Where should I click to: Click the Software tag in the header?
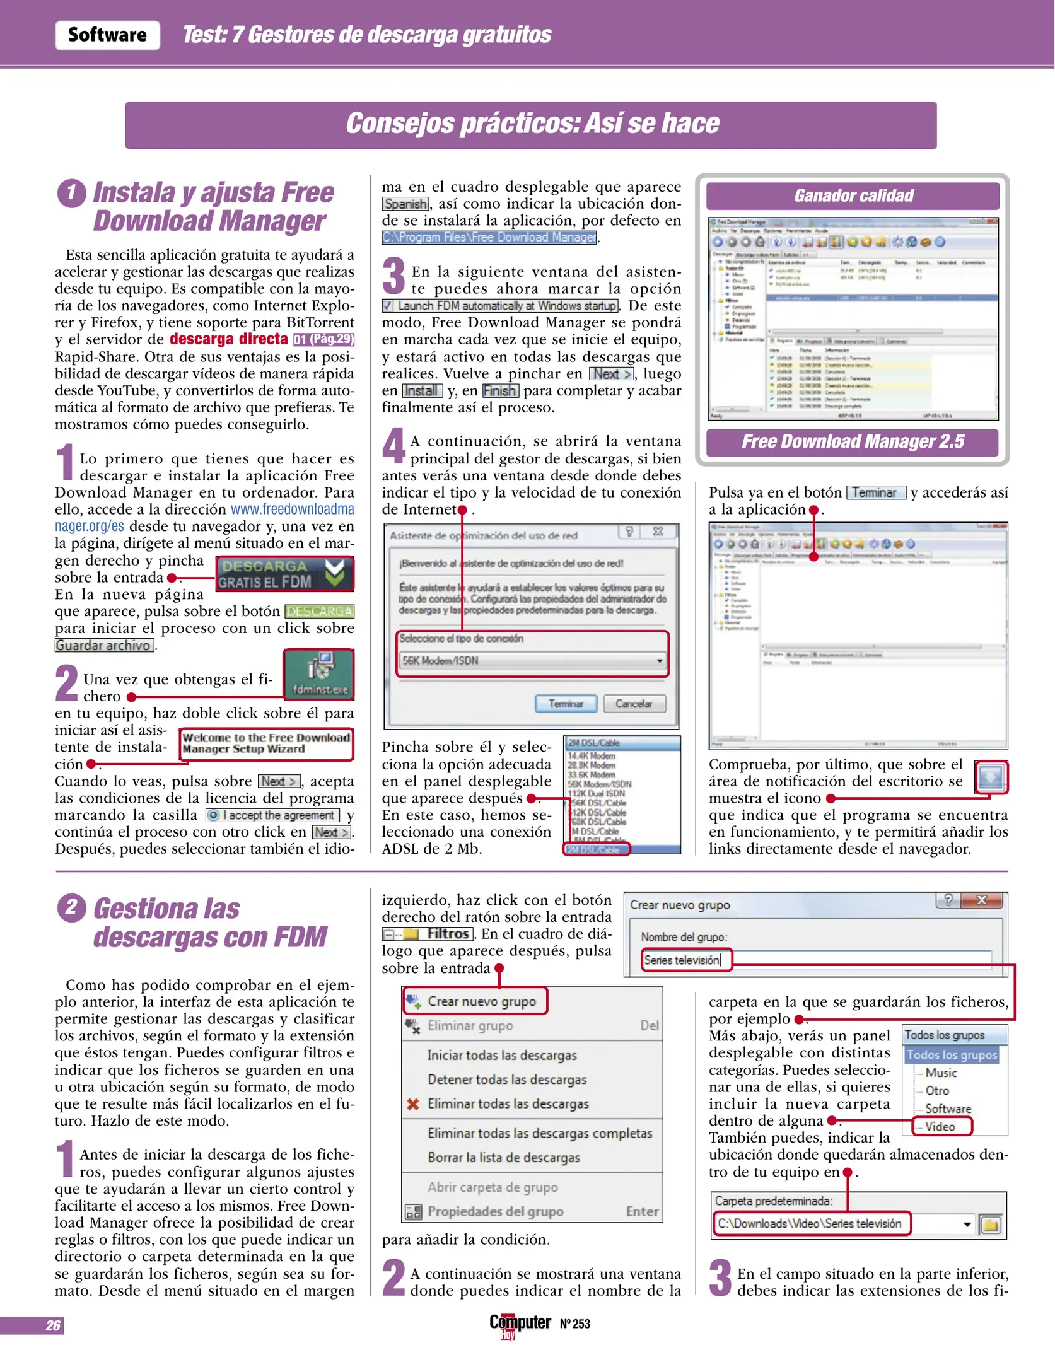[x=107, y=35]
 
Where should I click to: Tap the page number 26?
[x=53, y=1325]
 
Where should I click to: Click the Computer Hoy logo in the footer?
[x=520, y=1324]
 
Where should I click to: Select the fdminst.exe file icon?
[x=319, y=674]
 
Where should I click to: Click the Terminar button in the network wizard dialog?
[x=566, y=704]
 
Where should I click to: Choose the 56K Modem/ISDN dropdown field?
[x=532, y=661]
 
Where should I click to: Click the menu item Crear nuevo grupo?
[x=481, y=1001]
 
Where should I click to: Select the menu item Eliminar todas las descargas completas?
[x=540, y=1134]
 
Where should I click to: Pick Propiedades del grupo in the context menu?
[x=495, y=1211]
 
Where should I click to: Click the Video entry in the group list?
[x=940, y=1127]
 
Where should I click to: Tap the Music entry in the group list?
[x=941, y=1073]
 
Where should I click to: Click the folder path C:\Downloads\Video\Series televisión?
[x=810, y=1224]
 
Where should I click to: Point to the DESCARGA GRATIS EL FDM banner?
[x=284, y=574]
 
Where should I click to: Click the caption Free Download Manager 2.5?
[x=853, y=441]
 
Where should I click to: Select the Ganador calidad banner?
[x=853, y=196]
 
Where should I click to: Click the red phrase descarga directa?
[x=228, y=339]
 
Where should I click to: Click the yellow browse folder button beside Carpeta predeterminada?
[x=991, y=1225]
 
